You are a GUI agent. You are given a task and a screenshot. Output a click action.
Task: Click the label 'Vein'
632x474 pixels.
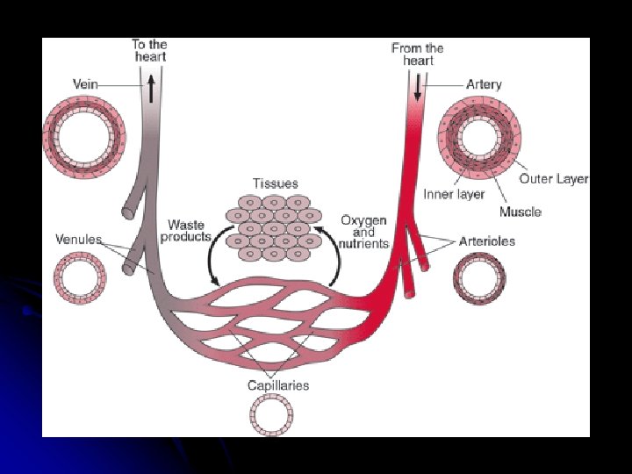(84, 84)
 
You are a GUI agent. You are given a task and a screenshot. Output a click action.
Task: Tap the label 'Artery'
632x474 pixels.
(484, 84)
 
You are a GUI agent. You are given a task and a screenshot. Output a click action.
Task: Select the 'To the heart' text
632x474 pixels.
(149, 50)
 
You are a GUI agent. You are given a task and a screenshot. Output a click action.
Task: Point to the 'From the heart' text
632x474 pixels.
(418, 54)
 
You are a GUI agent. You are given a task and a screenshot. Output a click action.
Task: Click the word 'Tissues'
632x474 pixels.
(275, 183)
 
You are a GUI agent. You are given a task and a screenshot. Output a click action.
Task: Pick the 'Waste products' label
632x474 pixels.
(187, 231)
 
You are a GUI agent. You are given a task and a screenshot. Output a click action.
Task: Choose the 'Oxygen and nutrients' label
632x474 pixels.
(364, 232)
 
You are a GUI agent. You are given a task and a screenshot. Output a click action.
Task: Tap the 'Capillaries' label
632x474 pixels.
(278, 384)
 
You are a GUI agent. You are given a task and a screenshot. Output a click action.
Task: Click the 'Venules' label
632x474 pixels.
(78, 239)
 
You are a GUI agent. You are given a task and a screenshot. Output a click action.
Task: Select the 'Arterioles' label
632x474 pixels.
(487, 241)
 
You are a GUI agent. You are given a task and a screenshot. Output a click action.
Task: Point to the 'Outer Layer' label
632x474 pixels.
(553, 178)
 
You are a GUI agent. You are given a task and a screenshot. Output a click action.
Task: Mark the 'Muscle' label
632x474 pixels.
(520, 212)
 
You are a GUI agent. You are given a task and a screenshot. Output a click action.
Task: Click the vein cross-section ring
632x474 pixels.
(84, 136)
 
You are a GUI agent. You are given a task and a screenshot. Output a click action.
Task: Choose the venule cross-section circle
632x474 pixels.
(80, 278)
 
